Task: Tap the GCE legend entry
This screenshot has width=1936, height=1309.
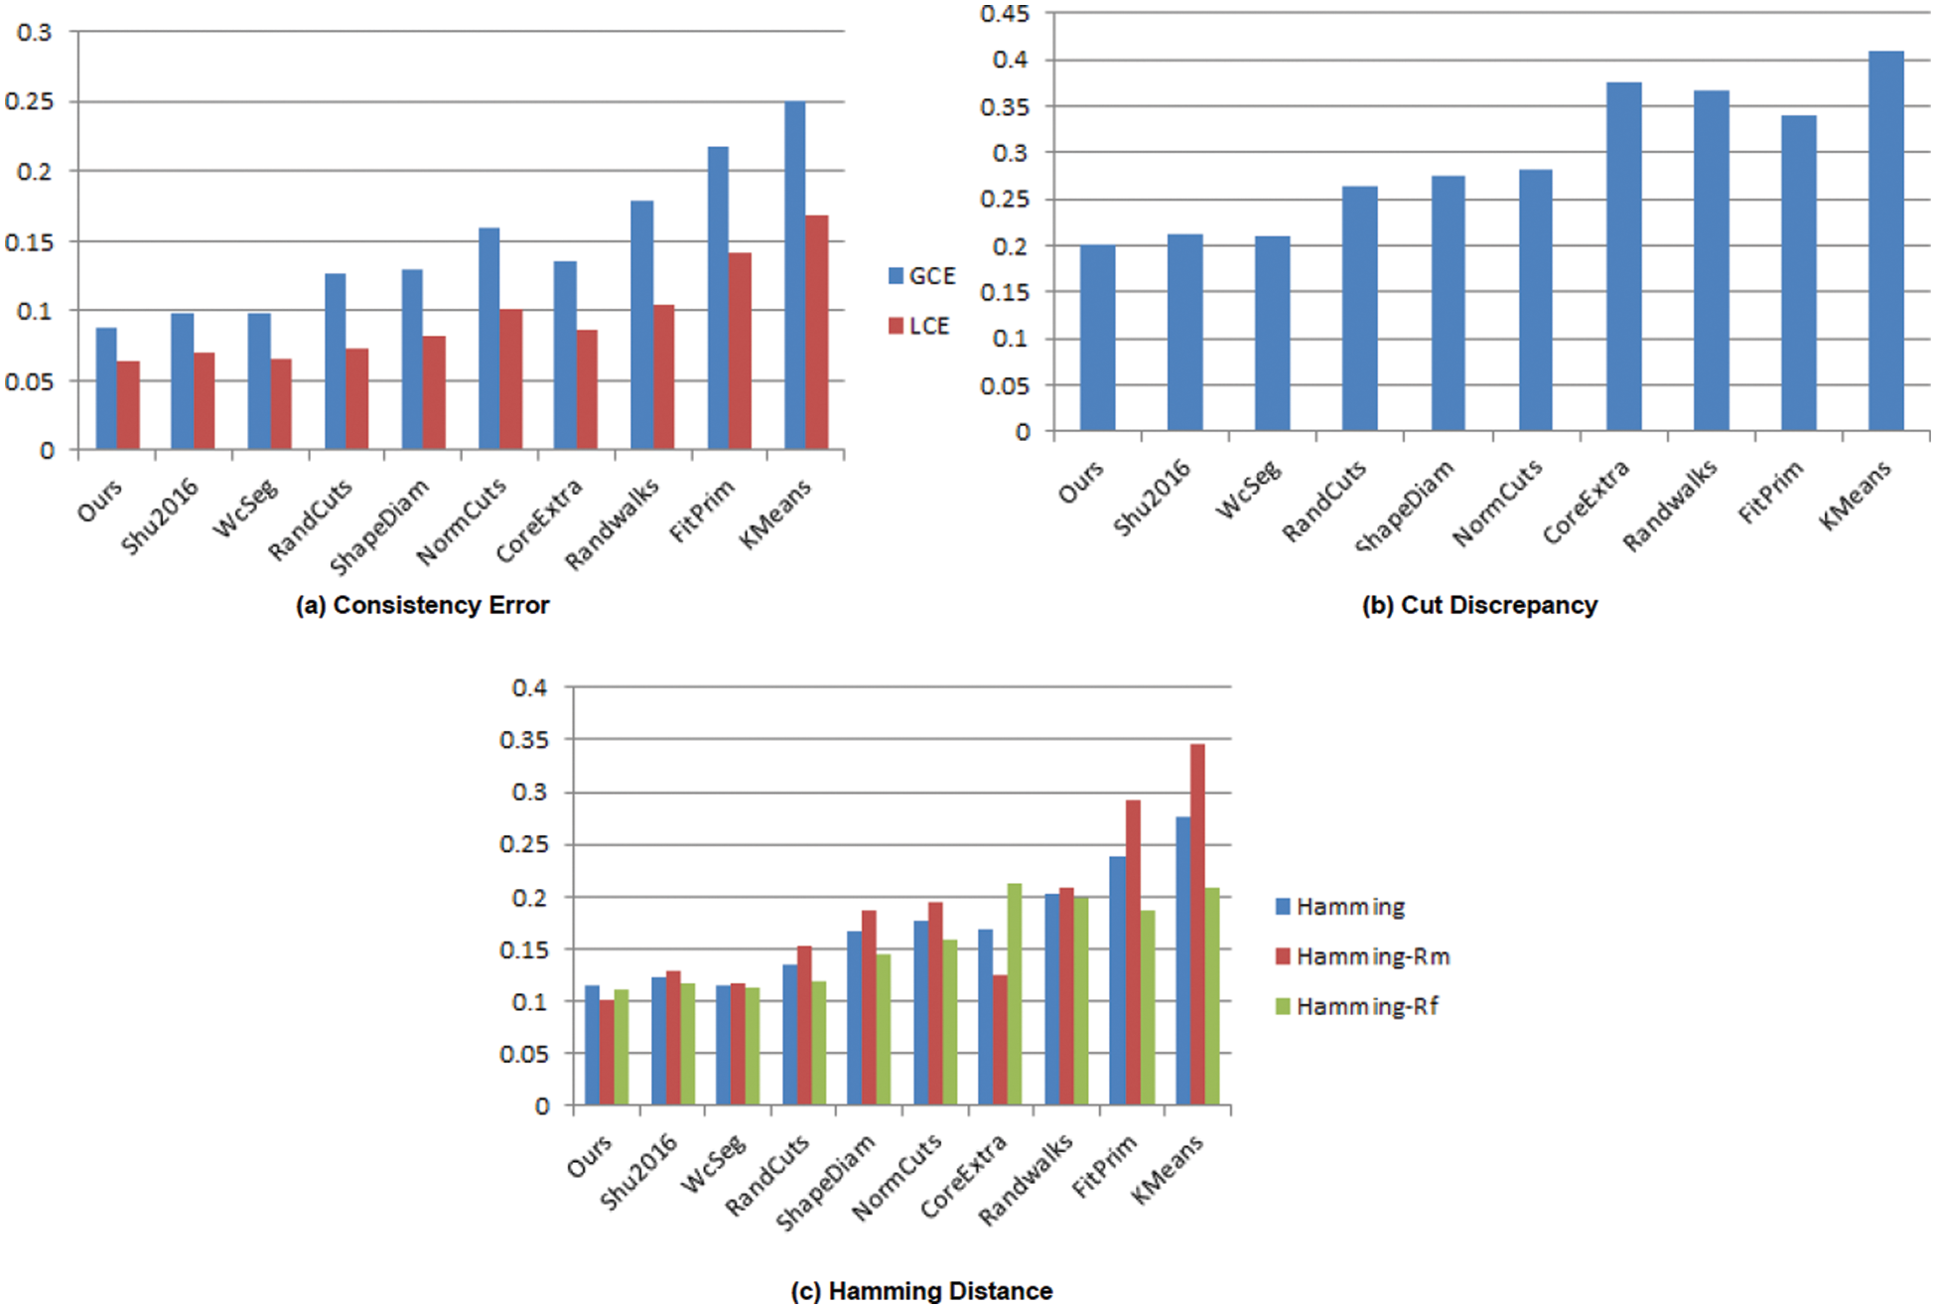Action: pyautogui.click(x=921, y=276)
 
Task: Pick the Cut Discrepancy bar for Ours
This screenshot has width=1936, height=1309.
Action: pyautogui.click(x=1097, y=338)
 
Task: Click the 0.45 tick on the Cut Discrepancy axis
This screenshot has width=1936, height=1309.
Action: pyautogui.click(x=1005, y=14)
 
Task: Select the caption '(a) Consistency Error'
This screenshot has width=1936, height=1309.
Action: pyautogui.click(x=422, y=605)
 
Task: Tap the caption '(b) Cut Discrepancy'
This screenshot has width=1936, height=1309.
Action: pyautogui.click(x=1479, y=605)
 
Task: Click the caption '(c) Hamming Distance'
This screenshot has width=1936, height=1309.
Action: pyautogui.click(x=921, y=1290)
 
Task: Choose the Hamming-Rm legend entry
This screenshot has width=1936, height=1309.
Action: pyautogui.click(x=1362, y=956)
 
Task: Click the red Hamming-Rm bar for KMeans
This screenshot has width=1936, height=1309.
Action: pyautogui.click(x=1197, y=924)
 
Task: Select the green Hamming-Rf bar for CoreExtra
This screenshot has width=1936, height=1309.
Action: pyautogui.click(x=1014, y=993)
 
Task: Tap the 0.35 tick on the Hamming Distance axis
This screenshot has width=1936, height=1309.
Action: pyautogui.click(x=523, y=740)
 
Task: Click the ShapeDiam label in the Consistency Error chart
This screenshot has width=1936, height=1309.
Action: pyautogui.click(x=380, y=526)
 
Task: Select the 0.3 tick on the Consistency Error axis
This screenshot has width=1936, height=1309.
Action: pyautogui.click(x=35, y=32)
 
